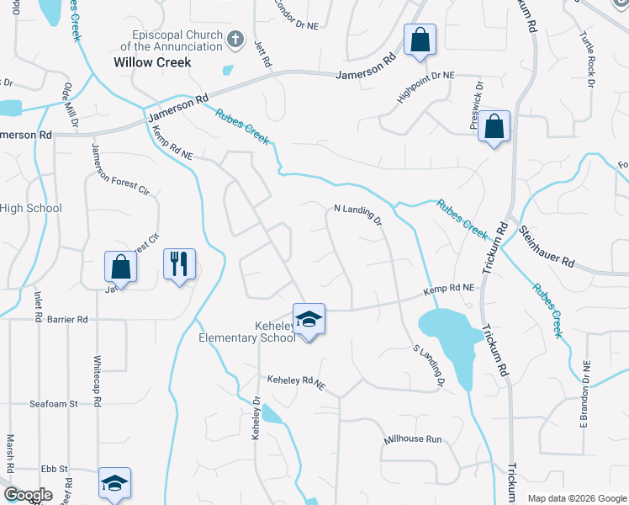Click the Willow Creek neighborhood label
(153, 62)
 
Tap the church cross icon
(235, 39)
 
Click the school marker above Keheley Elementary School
(309, 319)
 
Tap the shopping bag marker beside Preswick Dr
(495, 128)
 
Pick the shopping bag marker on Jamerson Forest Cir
(120, 268)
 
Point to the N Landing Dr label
(358, 214)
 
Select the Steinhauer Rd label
(546, 247)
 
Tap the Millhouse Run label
(412, 439)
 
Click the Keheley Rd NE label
(295, 384)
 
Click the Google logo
(27, 495)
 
